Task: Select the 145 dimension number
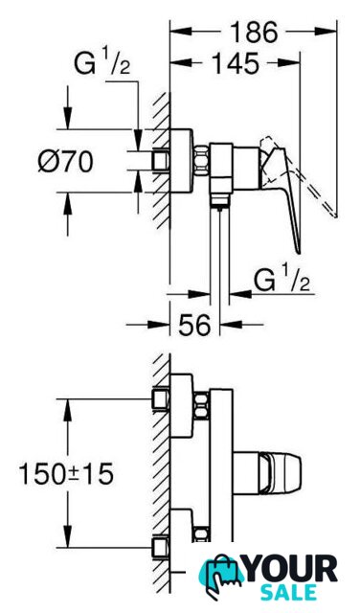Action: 236,63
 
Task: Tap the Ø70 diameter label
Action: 66,161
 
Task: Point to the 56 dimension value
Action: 194,324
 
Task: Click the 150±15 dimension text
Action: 66,473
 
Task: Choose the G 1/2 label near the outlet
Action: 281,280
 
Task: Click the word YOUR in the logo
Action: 290,569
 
